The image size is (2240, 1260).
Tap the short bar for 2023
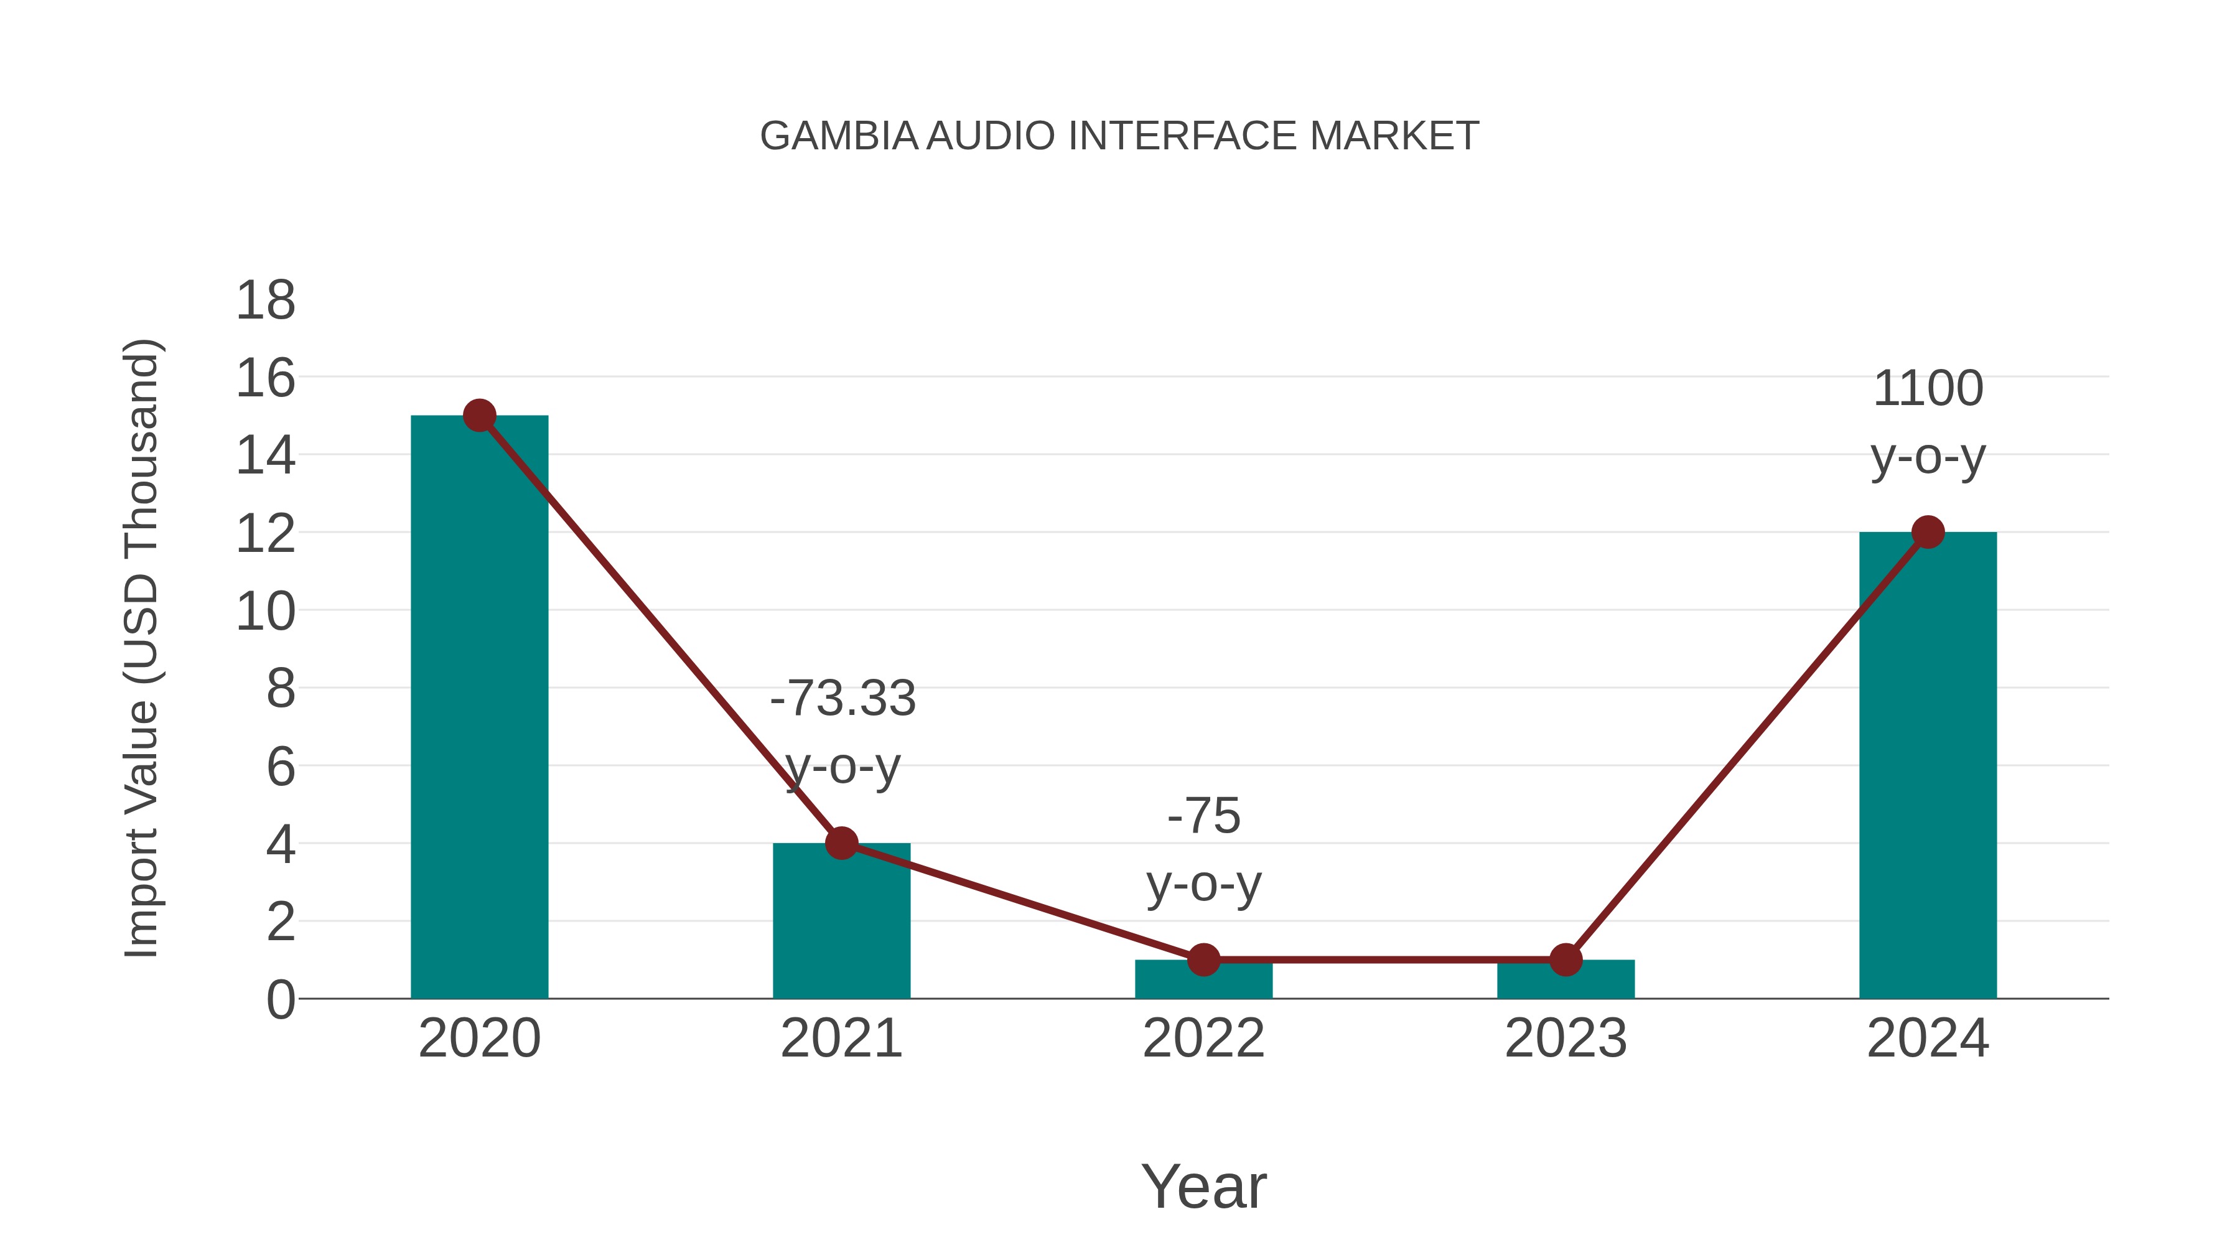(x=1566, y=981)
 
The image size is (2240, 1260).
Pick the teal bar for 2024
(x=1928, y=765)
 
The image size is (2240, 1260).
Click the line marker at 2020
(x=479, y=416)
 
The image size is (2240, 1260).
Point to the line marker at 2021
(x=841, y=842)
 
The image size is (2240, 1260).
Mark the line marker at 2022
(x=1203, y=960)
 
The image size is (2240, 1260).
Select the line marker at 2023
(x=1566, y=960)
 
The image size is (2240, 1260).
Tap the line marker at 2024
(x=1928, y=532)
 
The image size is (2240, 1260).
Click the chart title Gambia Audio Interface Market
(x=1119, y=136)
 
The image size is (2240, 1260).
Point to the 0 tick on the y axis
(x=280, y=999)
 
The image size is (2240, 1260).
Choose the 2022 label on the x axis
(x=1203, y=1038)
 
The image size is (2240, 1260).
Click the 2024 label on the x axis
(x=1928, y=1038)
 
